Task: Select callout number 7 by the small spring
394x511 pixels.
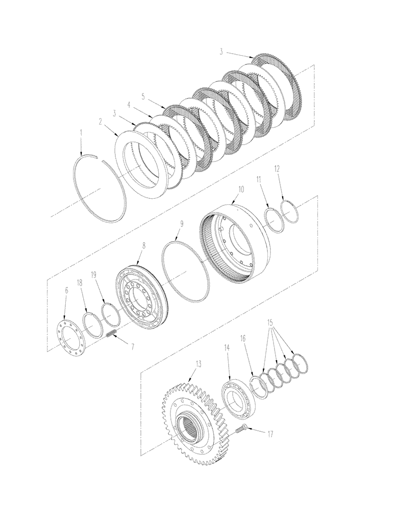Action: click(x=132, y=346)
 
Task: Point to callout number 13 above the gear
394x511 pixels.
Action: click(x=198, y=365)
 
